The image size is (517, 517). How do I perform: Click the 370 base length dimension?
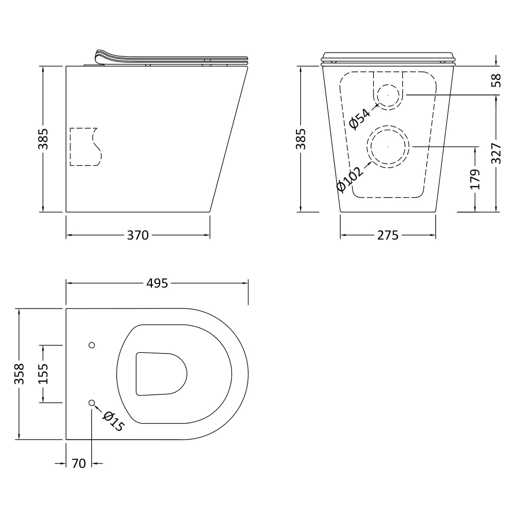click(138, 235)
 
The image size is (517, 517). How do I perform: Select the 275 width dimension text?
click(388, 235)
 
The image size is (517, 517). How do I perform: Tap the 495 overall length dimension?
click(157, 283)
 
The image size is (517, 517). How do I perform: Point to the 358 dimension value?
click(19, 374)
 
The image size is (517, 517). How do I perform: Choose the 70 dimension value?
click(79, 463)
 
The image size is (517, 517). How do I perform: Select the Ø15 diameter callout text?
click(113, 422)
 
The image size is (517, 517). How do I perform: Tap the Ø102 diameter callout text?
click(350, 179)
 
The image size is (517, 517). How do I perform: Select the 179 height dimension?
click(475, 179)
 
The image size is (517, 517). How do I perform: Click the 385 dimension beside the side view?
click(43, 139)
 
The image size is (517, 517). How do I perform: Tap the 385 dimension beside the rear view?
click(301, 139)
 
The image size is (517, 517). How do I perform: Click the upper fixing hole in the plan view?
click(92, 345)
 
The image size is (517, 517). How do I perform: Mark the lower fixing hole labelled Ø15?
click(92, 403)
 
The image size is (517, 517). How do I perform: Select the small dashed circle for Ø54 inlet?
click(388, 95)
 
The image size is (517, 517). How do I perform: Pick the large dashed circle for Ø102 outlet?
click(388, 146)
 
